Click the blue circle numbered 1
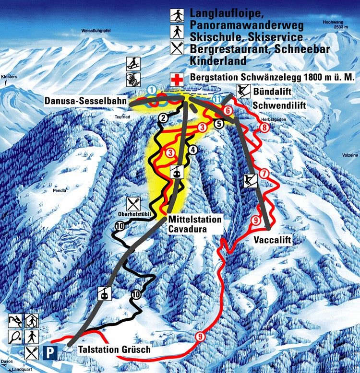152,89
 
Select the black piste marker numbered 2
163,118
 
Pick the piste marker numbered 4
193,150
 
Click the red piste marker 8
264,128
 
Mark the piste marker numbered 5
219,123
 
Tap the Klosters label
9,77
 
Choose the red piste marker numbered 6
228,111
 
